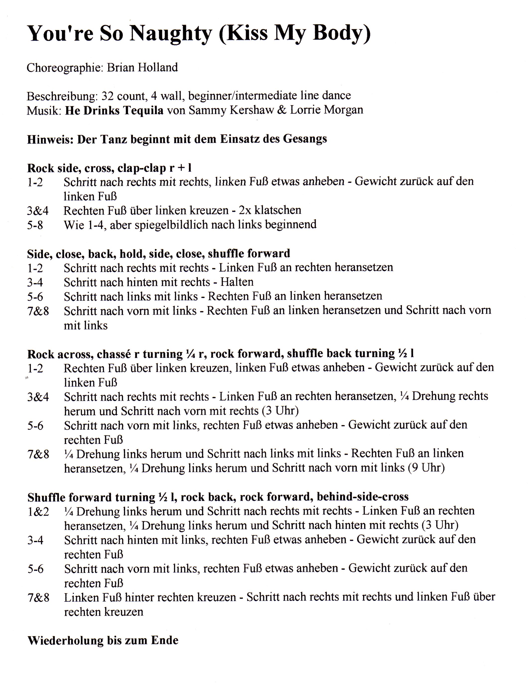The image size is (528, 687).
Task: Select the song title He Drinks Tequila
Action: [114, 110]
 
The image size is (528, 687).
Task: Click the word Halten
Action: [237, 282]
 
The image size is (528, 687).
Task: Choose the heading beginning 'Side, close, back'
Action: [158, 253]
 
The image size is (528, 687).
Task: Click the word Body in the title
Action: [341, 34]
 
